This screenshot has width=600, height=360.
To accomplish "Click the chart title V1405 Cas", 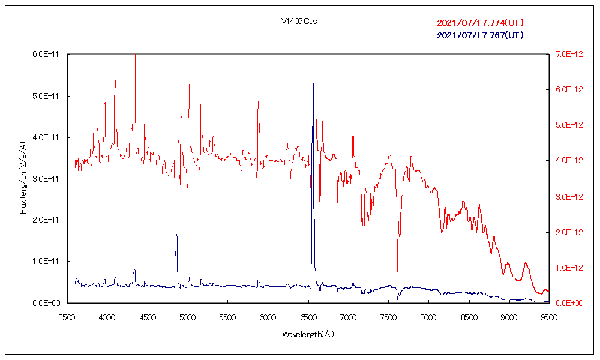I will [x=299, y=22].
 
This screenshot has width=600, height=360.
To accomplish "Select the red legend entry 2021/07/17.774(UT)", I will [x=480, y=23].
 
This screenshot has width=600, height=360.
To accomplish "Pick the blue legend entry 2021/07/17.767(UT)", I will [x=480, y=35].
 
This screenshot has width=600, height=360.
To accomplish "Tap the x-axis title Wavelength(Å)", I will [x=308, y=334].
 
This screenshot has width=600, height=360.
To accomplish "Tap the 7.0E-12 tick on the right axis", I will [x=566, y=55].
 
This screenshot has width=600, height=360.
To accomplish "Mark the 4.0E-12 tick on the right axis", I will [x=566, y=161].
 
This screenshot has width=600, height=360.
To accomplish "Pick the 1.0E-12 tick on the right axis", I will [x=566, y=268].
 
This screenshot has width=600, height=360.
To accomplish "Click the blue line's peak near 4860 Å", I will [x=176, y=233].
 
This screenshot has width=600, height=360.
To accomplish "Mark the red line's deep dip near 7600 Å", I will [x=397, y=272].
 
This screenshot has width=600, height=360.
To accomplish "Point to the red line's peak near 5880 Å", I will [x=259, y=90].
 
